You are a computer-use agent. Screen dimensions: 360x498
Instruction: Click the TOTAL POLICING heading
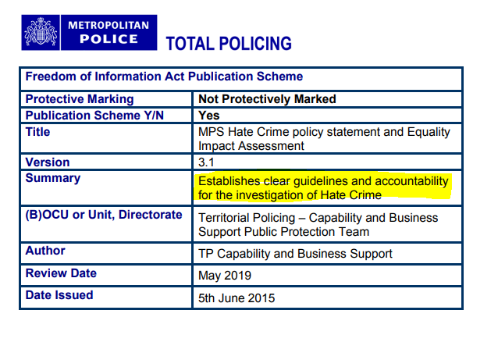coord(229,44)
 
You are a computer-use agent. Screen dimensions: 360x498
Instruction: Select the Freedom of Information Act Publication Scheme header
coord(165,77)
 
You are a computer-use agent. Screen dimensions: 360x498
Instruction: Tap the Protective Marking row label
coord(80,99)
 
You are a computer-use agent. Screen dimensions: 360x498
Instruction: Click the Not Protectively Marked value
coord(267,99)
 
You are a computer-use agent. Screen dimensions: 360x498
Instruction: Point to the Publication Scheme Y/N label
coord(94,115)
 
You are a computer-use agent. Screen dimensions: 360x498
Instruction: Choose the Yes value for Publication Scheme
coord(209,115)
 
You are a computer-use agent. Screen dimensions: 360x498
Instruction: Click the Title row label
coord(38,131)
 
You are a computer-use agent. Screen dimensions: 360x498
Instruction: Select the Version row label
coord(48,162)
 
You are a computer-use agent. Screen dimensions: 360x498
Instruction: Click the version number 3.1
coord(207,162)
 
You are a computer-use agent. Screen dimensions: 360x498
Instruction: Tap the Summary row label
coord(52,178)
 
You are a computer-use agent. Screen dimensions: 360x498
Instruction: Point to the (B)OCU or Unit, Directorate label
coord(104,215)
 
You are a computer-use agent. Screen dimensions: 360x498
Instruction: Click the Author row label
coord(45,251)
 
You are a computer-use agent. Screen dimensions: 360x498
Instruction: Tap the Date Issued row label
coord(59,295)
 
